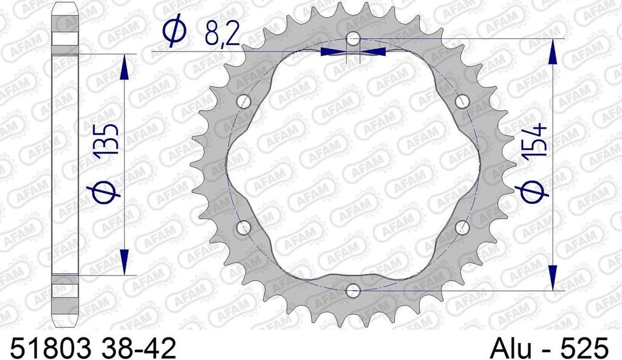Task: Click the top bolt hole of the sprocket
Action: pyautogui.click(x=353, y=39)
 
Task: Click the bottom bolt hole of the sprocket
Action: pyautogui.click(x=353, y=291)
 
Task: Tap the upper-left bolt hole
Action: pyautogui.click(x=244, y=101)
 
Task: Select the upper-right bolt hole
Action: pyautogui.click(x=462, y=101)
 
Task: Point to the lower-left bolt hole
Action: pyautogui.click(x=244, y=228)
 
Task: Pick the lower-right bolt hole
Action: pyautogui.click(x=462, y=228)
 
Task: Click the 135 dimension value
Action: pyautogui.click(x=107, y=139)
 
